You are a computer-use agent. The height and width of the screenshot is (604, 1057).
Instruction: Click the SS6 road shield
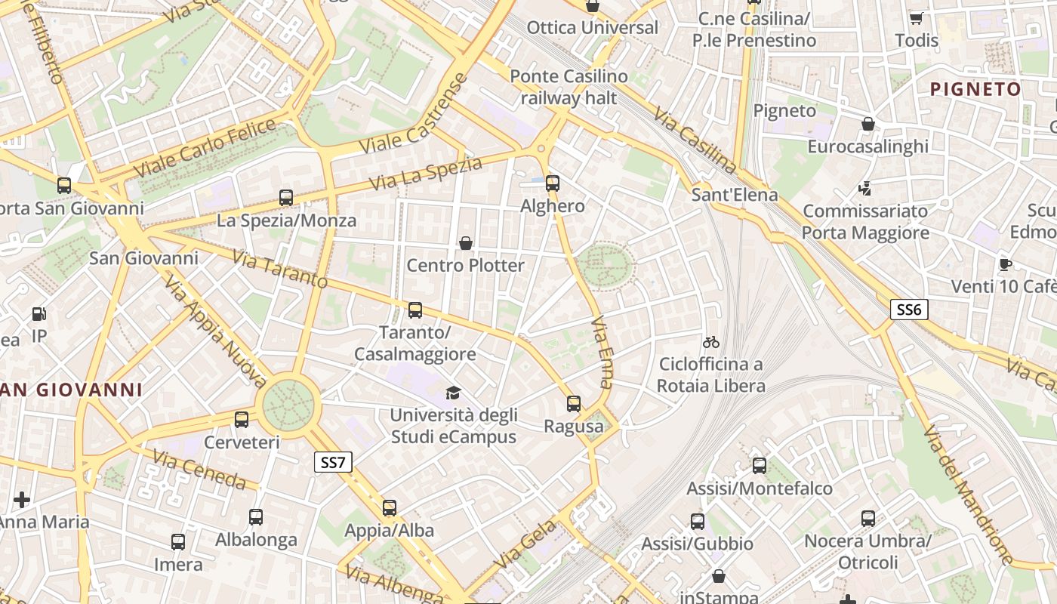click(x=909, y=310)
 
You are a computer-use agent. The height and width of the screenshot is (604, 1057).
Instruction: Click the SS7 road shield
click(x=333, y=462)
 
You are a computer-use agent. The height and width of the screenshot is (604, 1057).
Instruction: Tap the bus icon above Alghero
click(x=553, y=183)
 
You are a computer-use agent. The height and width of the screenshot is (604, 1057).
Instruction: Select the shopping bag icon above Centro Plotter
click(x=466, y=243)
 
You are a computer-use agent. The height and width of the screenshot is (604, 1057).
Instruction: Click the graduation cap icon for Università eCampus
click(x=453, y=393)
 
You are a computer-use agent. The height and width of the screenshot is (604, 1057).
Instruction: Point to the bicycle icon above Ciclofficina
click(x=710, y=342)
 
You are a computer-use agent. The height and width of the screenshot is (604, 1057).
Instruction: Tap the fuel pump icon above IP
click(x=39, y=314)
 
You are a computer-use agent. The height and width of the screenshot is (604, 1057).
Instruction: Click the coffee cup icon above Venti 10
click(x=1005, y=264)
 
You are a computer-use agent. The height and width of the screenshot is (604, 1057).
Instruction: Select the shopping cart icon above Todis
click(x=917, y=18)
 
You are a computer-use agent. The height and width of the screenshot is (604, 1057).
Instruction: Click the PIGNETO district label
click(x=975, y=89)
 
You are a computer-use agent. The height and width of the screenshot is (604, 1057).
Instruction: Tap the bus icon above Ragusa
click(x=574, y=404)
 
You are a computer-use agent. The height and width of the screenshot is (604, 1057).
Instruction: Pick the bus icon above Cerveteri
click(x=242, y=420)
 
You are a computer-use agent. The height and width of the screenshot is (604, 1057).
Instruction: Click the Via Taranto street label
click(x=280, y=270)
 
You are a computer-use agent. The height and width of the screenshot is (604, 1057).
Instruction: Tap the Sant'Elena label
click(x=735, y=195)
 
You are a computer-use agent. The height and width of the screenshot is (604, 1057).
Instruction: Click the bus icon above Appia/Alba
click(x=390, y=508)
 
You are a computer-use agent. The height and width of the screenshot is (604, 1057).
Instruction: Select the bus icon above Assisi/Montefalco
click(x=760, y=466)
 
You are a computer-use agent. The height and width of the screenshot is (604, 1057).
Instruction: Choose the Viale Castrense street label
click(x=414, y=115)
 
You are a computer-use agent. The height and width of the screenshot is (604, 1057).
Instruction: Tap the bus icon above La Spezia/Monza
click(x=286, y=198)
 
